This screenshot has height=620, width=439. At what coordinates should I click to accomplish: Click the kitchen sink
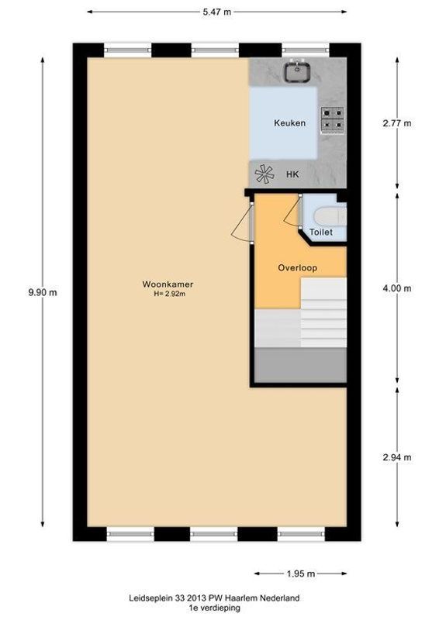[x=296, y=71]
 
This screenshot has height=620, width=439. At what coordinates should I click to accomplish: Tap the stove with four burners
[x=334, y=118]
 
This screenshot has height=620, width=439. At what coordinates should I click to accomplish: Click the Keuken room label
[x=289, y=123]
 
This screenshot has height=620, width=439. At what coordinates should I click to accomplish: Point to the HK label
[x=292, y=175]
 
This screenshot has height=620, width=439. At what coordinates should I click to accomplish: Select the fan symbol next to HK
[x=265, y=174]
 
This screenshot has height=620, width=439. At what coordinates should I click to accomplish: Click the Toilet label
[x=320, y=232]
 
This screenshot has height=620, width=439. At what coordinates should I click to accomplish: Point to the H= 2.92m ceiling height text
[x=168, y=294]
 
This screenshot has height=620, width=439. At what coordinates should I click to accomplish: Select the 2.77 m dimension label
[x=396, y=123]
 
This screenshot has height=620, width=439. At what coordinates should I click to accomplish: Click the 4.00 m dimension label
[x=396, y=288]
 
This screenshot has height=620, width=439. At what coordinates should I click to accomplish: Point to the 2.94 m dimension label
[x=396, y=456]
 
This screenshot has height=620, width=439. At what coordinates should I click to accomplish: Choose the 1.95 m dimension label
[x=299, y=573]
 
